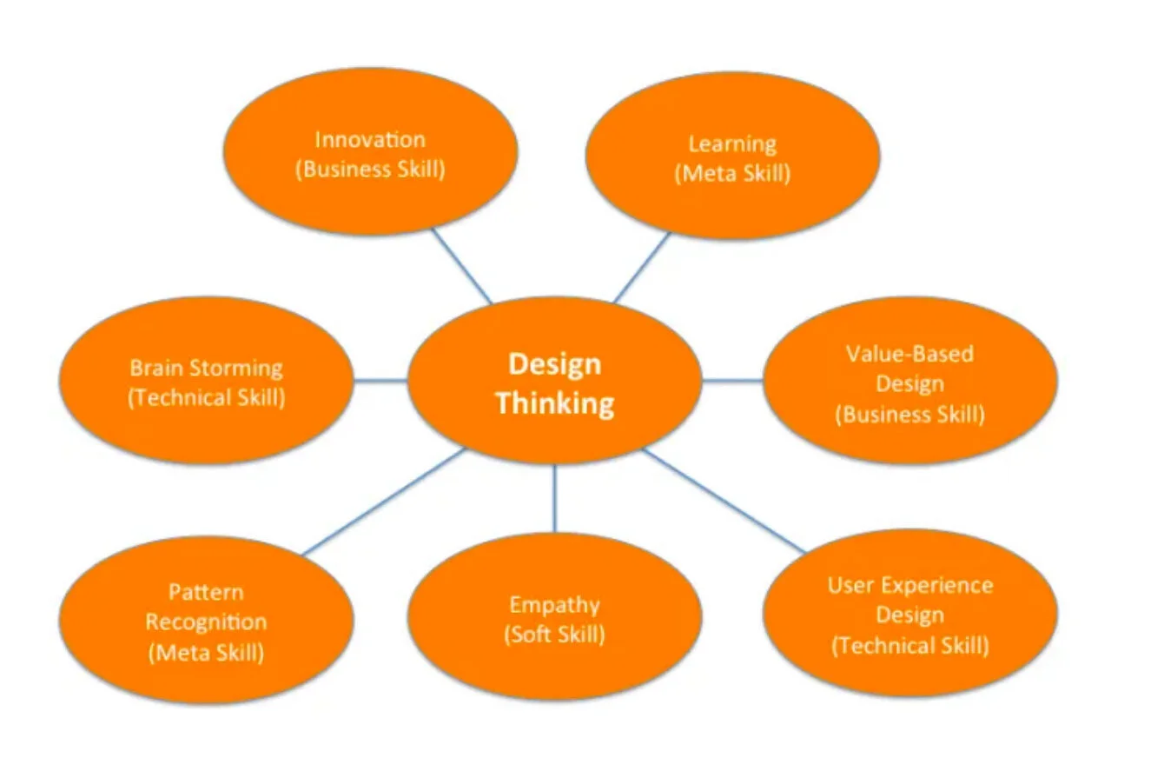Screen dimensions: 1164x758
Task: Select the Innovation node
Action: [x=371, y=153]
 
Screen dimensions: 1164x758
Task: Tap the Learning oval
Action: [x=732, y=157]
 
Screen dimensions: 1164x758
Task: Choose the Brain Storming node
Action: [x=206, y=382]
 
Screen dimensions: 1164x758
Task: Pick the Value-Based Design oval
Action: [x=909, y=382]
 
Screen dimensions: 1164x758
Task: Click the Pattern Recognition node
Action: [x=206, y=622]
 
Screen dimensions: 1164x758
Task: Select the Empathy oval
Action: [x=554, y=618]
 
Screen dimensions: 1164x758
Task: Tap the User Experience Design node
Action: [x=909, y=615]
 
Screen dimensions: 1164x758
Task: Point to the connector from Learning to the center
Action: [x=643, y=267]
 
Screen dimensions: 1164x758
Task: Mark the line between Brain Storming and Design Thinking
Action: [x=380, y=381]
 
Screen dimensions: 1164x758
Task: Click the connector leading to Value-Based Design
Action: [x=732, y=381]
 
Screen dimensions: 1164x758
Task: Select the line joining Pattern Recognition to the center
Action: [x=382, y=502]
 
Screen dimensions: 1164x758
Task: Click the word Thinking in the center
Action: [x=555, y=404]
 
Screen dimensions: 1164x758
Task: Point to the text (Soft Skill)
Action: [x=554, y=633]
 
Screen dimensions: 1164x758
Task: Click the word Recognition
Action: [x=206, y=622]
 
